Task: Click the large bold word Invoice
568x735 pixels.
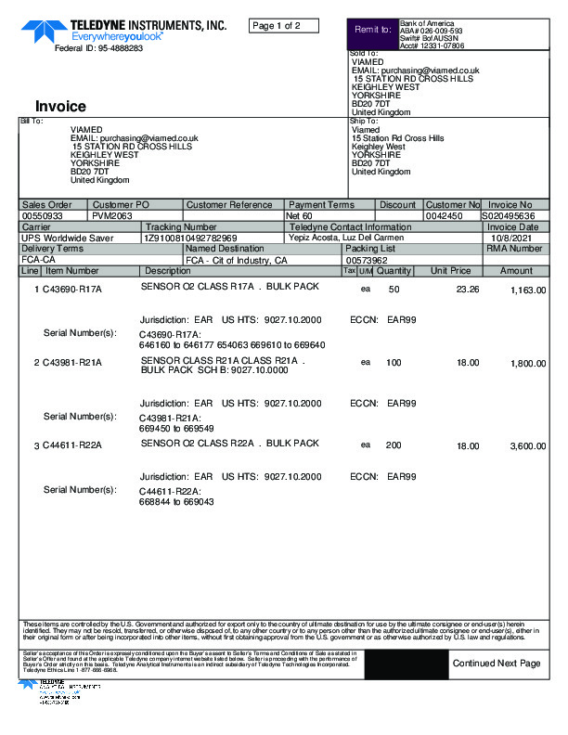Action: (x=60, y=107)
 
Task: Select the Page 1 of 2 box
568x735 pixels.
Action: (x=284, y=26)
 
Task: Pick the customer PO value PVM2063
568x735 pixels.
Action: (x=112, y=215)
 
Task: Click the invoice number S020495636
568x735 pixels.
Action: (x=509, y=215)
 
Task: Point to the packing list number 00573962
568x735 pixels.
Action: (x=366, y=260)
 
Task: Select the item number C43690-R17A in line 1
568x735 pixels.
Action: (x=71, y=290)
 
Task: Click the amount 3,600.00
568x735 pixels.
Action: (x=528, y=446)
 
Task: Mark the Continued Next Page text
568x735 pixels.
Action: (x=496, y=664)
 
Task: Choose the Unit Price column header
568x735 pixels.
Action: (x=450, y=271)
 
